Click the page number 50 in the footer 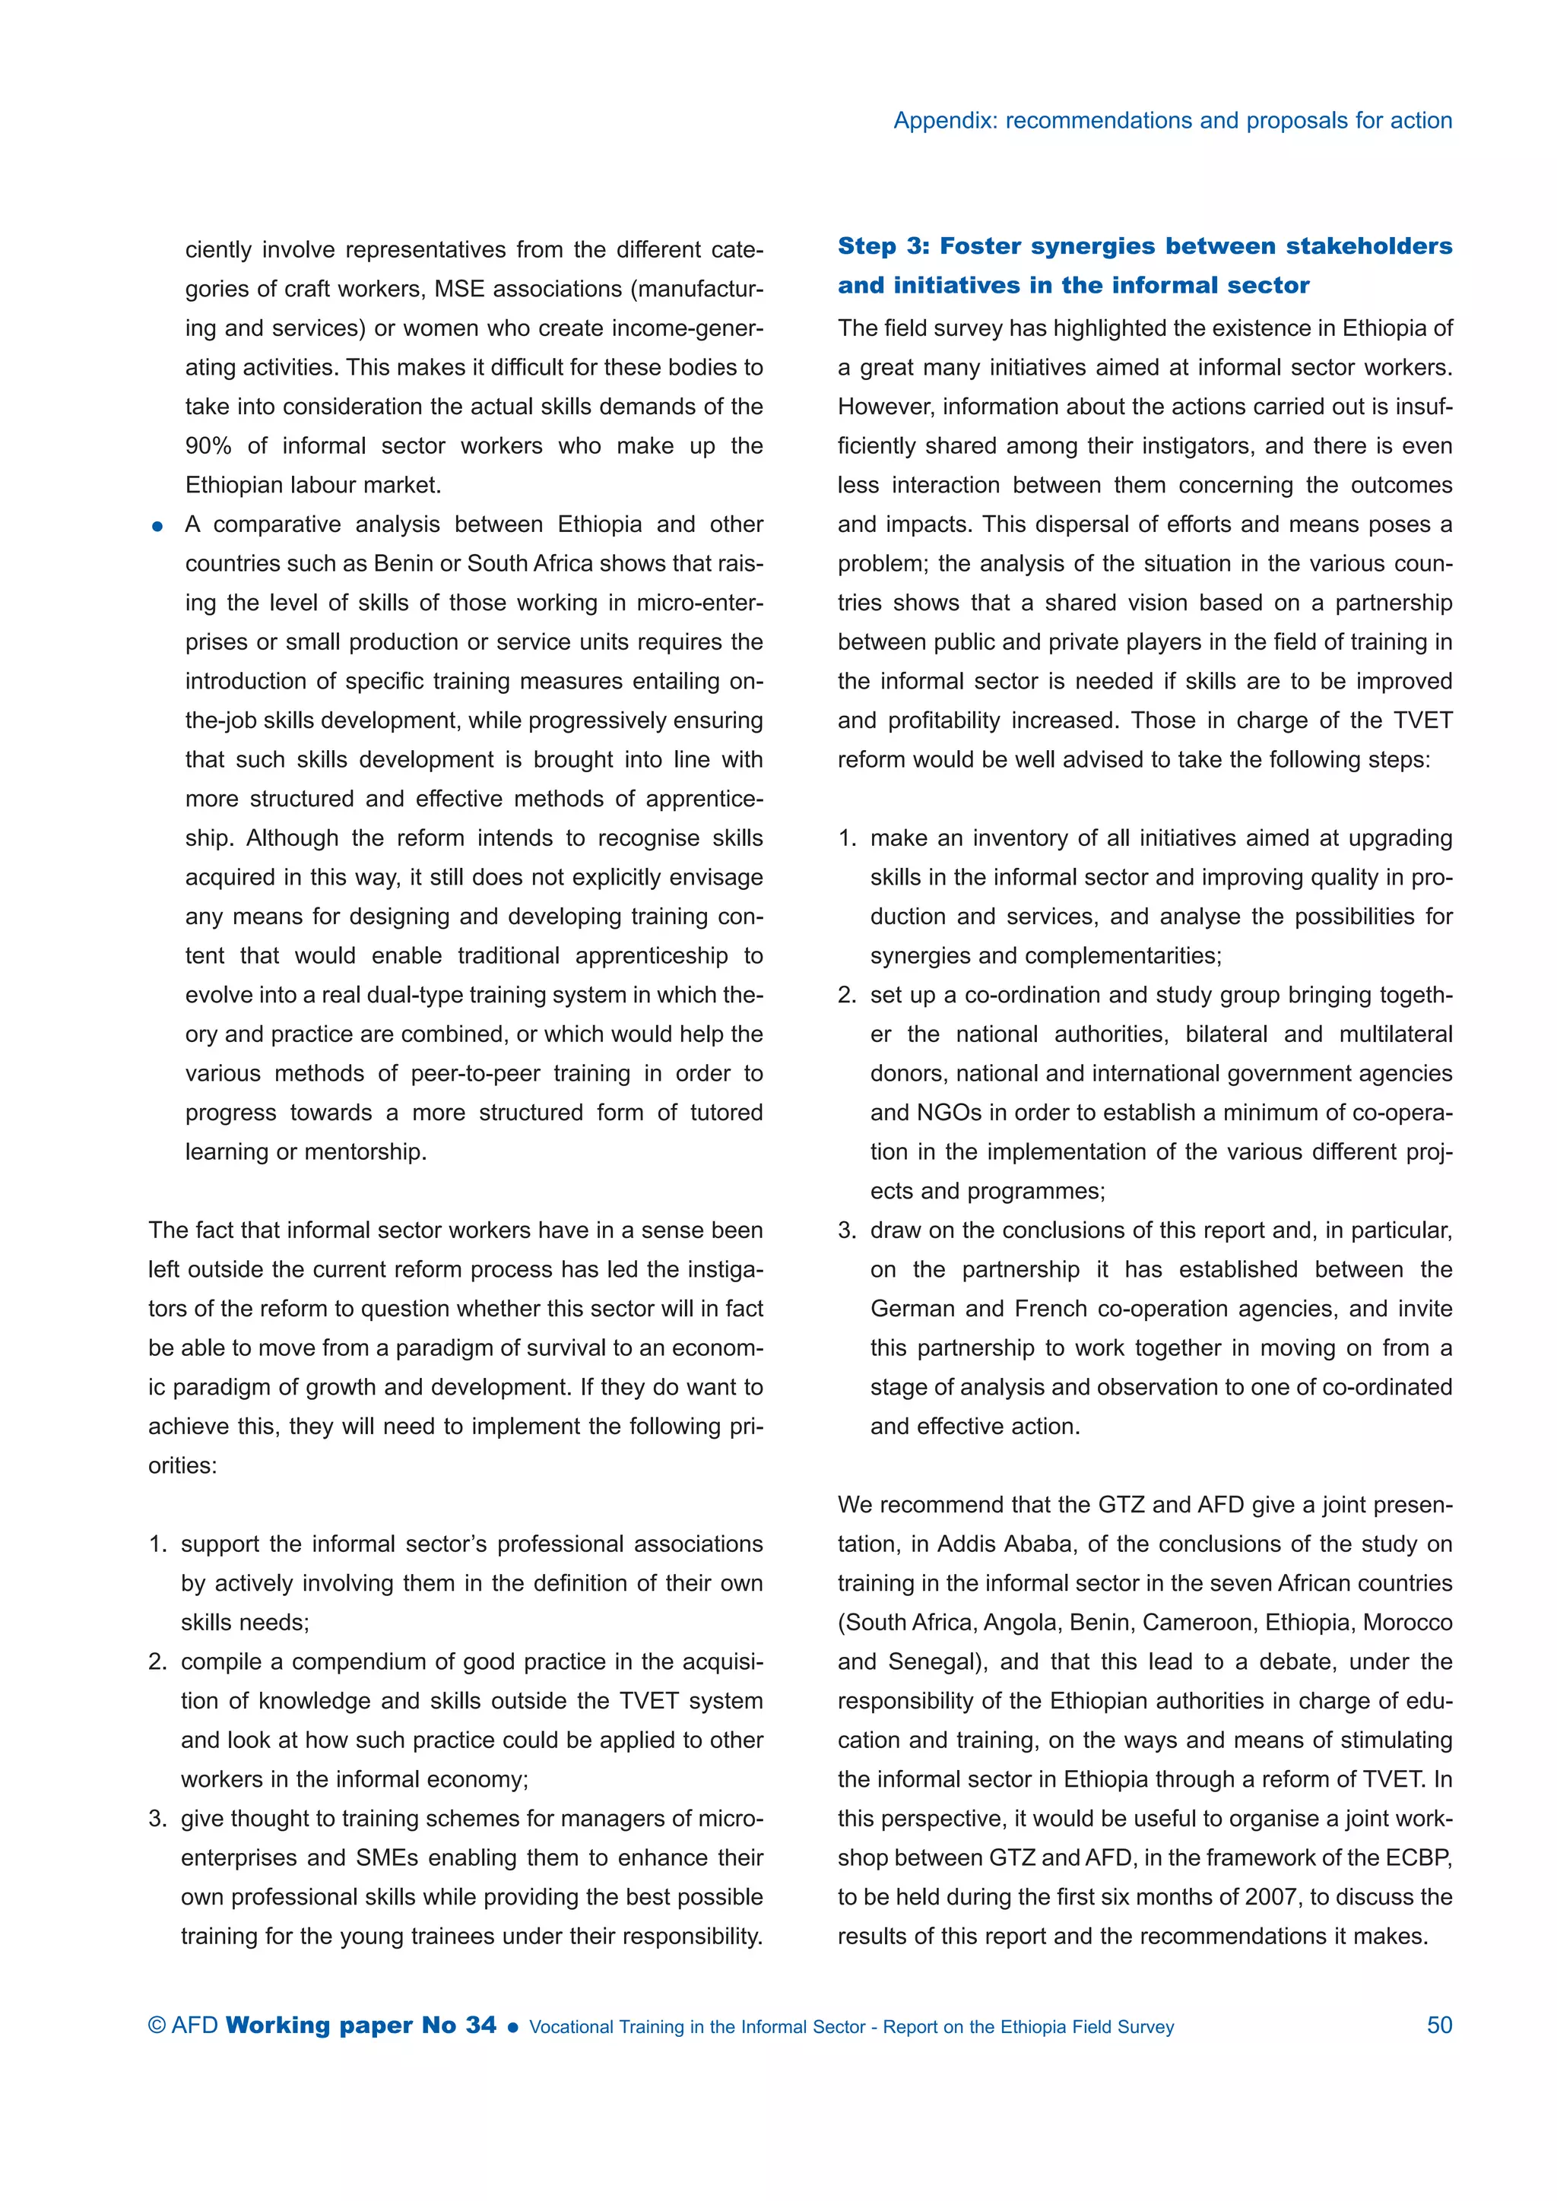(x=1439, y=2025)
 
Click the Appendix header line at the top (x=1172, y=121)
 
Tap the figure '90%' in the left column (x=208, y=446)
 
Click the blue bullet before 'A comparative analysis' (x=158, y=526)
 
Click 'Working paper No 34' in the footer (x=361, y=2025)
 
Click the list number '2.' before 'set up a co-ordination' (x=847, y=995)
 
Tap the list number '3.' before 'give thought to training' (x=157, y=1819)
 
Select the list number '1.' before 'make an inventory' (x=847, y=839)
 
